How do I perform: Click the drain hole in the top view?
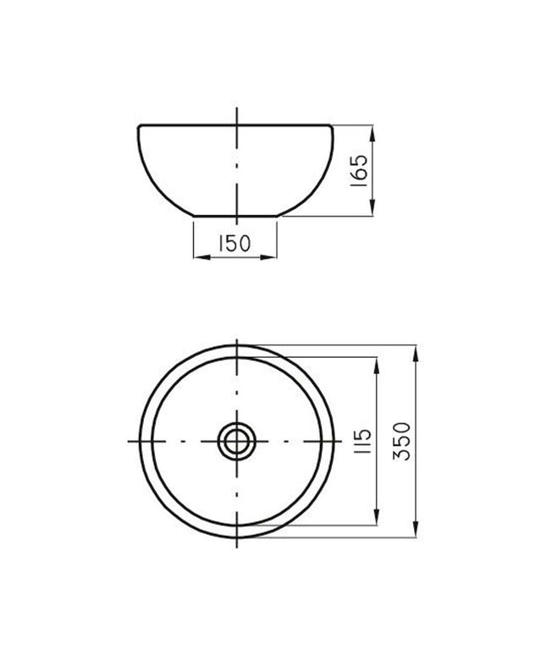coord(235,441)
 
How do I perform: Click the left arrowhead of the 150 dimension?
coord(198,256)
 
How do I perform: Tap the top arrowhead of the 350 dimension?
coord(416,349)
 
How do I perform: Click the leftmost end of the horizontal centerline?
coord(127,442)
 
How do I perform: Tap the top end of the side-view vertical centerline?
coord(236,108)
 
